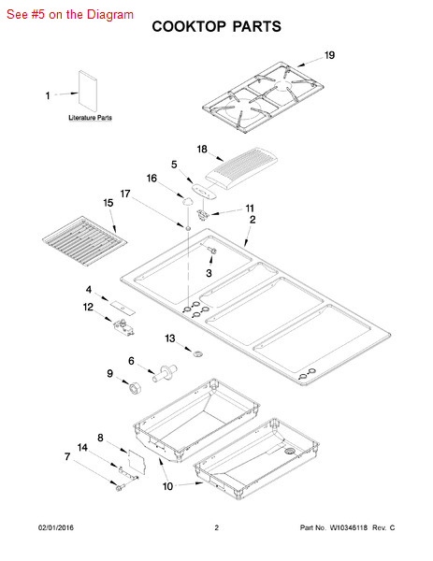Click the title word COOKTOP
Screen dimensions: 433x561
coord(189,27)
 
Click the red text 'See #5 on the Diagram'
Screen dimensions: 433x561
coord(70,15)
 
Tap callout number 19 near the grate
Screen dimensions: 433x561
coord(329,55)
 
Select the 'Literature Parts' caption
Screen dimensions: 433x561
coord(90,118)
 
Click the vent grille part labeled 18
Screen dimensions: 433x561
coord(241,168)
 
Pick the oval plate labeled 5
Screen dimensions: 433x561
coord(204,192)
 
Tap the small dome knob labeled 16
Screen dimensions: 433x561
coord(187,201)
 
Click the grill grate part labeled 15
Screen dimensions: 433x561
coord(84,241)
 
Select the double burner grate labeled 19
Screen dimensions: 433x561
coord(263,96)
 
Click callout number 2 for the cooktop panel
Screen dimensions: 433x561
coord(253,220)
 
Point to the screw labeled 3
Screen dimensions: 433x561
coord(211,250)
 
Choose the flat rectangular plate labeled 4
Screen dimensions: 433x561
coord(123,308)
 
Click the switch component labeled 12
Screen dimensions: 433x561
coord(123,328)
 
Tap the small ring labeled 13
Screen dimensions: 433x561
coord(198,354)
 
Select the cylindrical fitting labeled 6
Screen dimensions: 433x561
coord(165,373)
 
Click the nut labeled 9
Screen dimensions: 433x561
coord(135,388)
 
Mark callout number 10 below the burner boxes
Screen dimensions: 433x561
coord(167,486)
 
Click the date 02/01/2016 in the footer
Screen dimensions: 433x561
coord(56,527)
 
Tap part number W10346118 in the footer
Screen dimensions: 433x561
coord(349,527)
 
